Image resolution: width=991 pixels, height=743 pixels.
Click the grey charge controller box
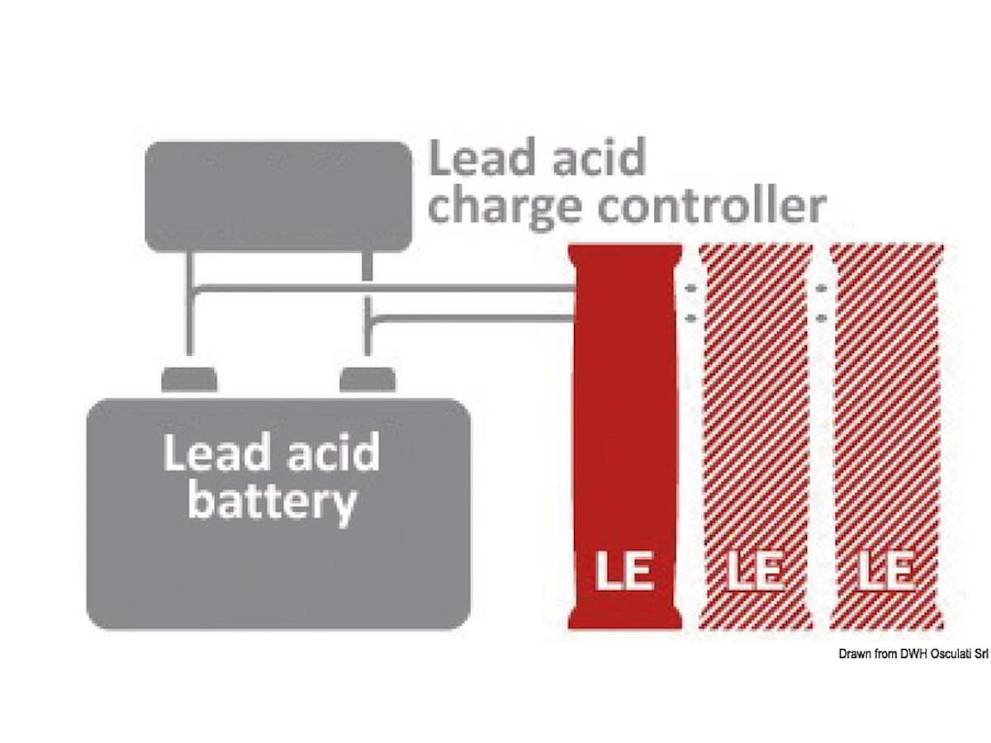(278, 196)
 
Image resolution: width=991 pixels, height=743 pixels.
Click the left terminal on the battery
(189, 380)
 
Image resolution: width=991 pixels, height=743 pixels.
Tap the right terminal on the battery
(368, 380)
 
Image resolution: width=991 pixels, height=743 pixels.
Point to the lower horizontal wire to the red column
(471, 316)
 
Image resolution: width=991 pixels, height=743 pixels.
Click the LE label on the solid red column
(625, 571)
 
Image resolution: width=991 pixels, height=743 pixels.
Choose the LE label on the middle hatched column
(756, 571)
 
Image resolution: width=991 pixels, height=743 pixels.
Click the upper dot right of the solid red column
(691, 289)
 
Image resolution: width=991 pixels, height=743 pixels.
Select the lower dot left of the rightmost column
(822, 317)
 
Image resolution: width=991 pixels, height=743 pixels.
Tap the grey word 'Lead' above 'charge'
(476, 159)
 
